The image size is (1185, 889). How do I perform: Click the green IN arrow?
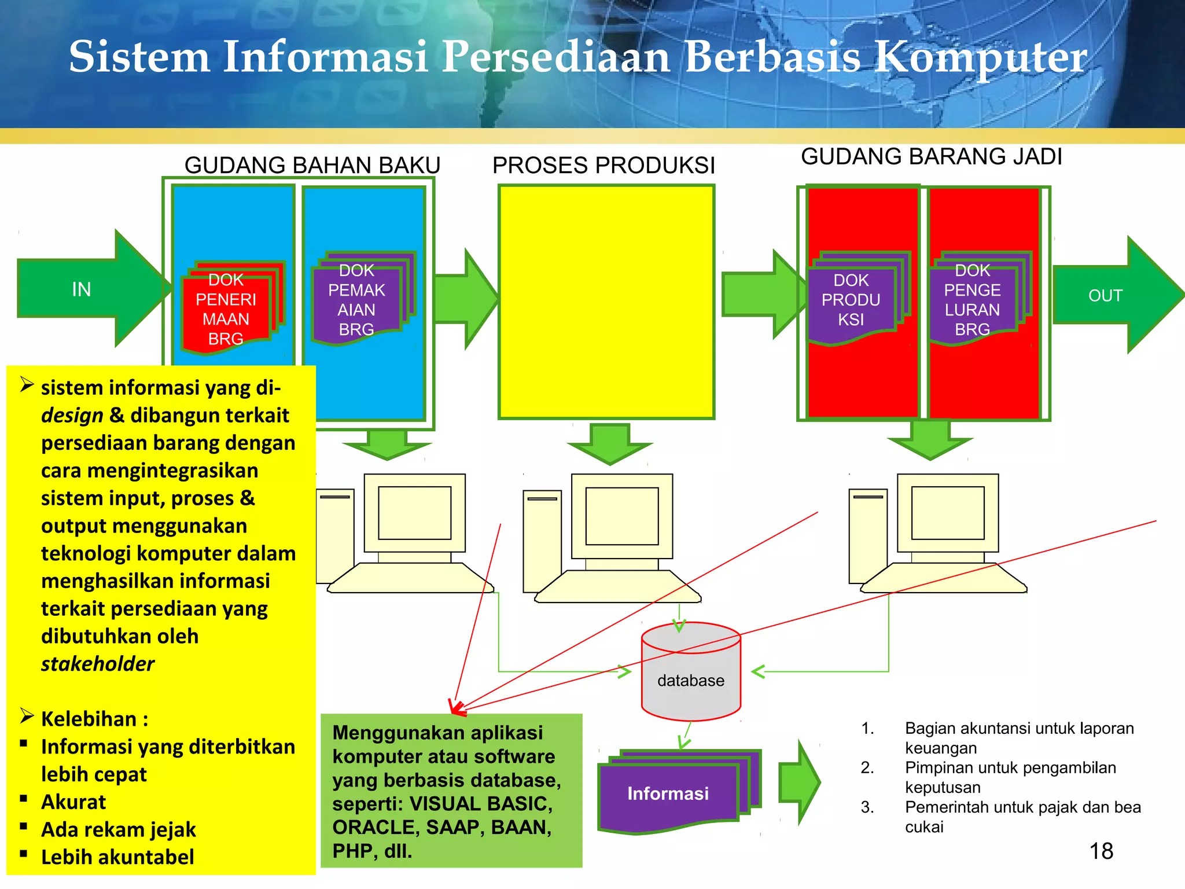click(87, 289)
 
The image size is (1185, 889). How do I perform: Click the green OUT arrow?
click(1111, 295)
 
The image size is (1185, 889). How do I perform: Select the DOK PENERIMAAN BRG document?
click(226, 310)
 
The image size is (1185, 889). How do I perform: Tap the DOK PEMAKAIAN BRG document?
click(357, 300)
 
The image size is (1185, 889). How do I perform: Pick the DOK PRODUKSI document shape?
click(851, 300)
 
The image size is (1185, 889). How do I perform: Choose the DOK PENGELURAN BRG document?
click(973, 300)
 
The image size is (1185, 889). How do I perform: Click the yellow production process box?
click(606, 302)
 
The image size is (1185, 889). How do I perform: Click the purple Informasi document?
click(669, 794)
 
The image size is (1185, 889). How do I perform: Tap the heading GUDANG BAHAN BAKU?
click(312, 166)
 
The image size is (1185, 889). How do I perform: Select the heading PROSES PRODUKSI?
click(603, 166)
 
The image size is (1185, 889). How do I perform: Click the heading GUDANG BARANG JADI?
click(932, 157)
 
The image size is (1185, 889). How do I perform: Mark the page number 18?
click(1101, 851)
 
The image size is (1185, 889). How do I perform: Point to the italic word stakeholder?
click(98, 664)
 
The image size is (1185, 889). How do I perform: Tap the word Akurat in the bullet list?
click(73, 802)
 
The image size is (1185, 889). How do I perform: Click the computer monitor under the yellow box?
click(622, 516)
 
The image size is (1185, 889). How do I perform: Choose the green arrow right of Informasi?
click(799, 782)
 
